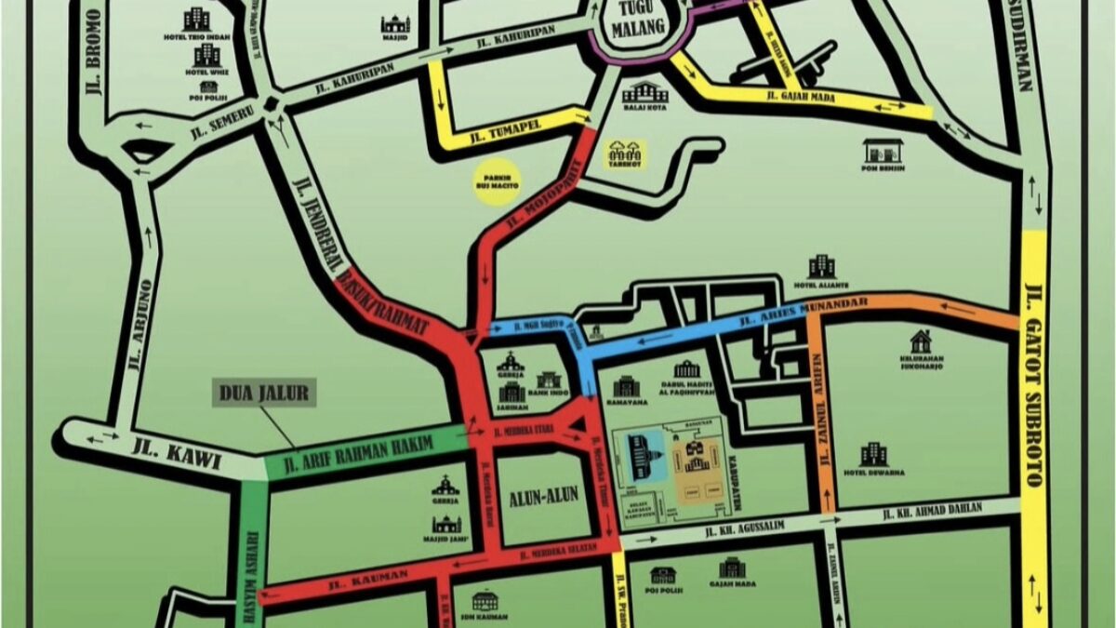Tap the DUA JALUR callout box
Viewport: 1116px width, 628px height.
click(264, 393)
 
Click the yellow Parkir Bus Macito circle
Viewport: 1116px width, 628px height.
click(498, 180)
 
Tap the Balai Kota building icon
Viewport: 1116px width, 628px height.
click(645, 92)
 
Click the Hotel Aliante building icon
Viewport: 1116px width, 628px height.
click(821, 266)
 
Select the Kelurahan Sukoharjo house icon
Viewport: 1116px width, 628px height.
click(921, 341)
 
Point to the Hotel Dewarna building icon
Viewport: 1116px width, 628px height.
click(873, 454)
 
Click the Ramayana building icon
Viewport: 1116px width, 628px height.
click(626, 385)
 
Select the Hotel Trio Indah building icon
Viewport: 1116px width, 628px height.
click(196, 19)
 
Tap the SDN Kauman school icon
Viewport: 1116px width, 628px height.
click(485, 601)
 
